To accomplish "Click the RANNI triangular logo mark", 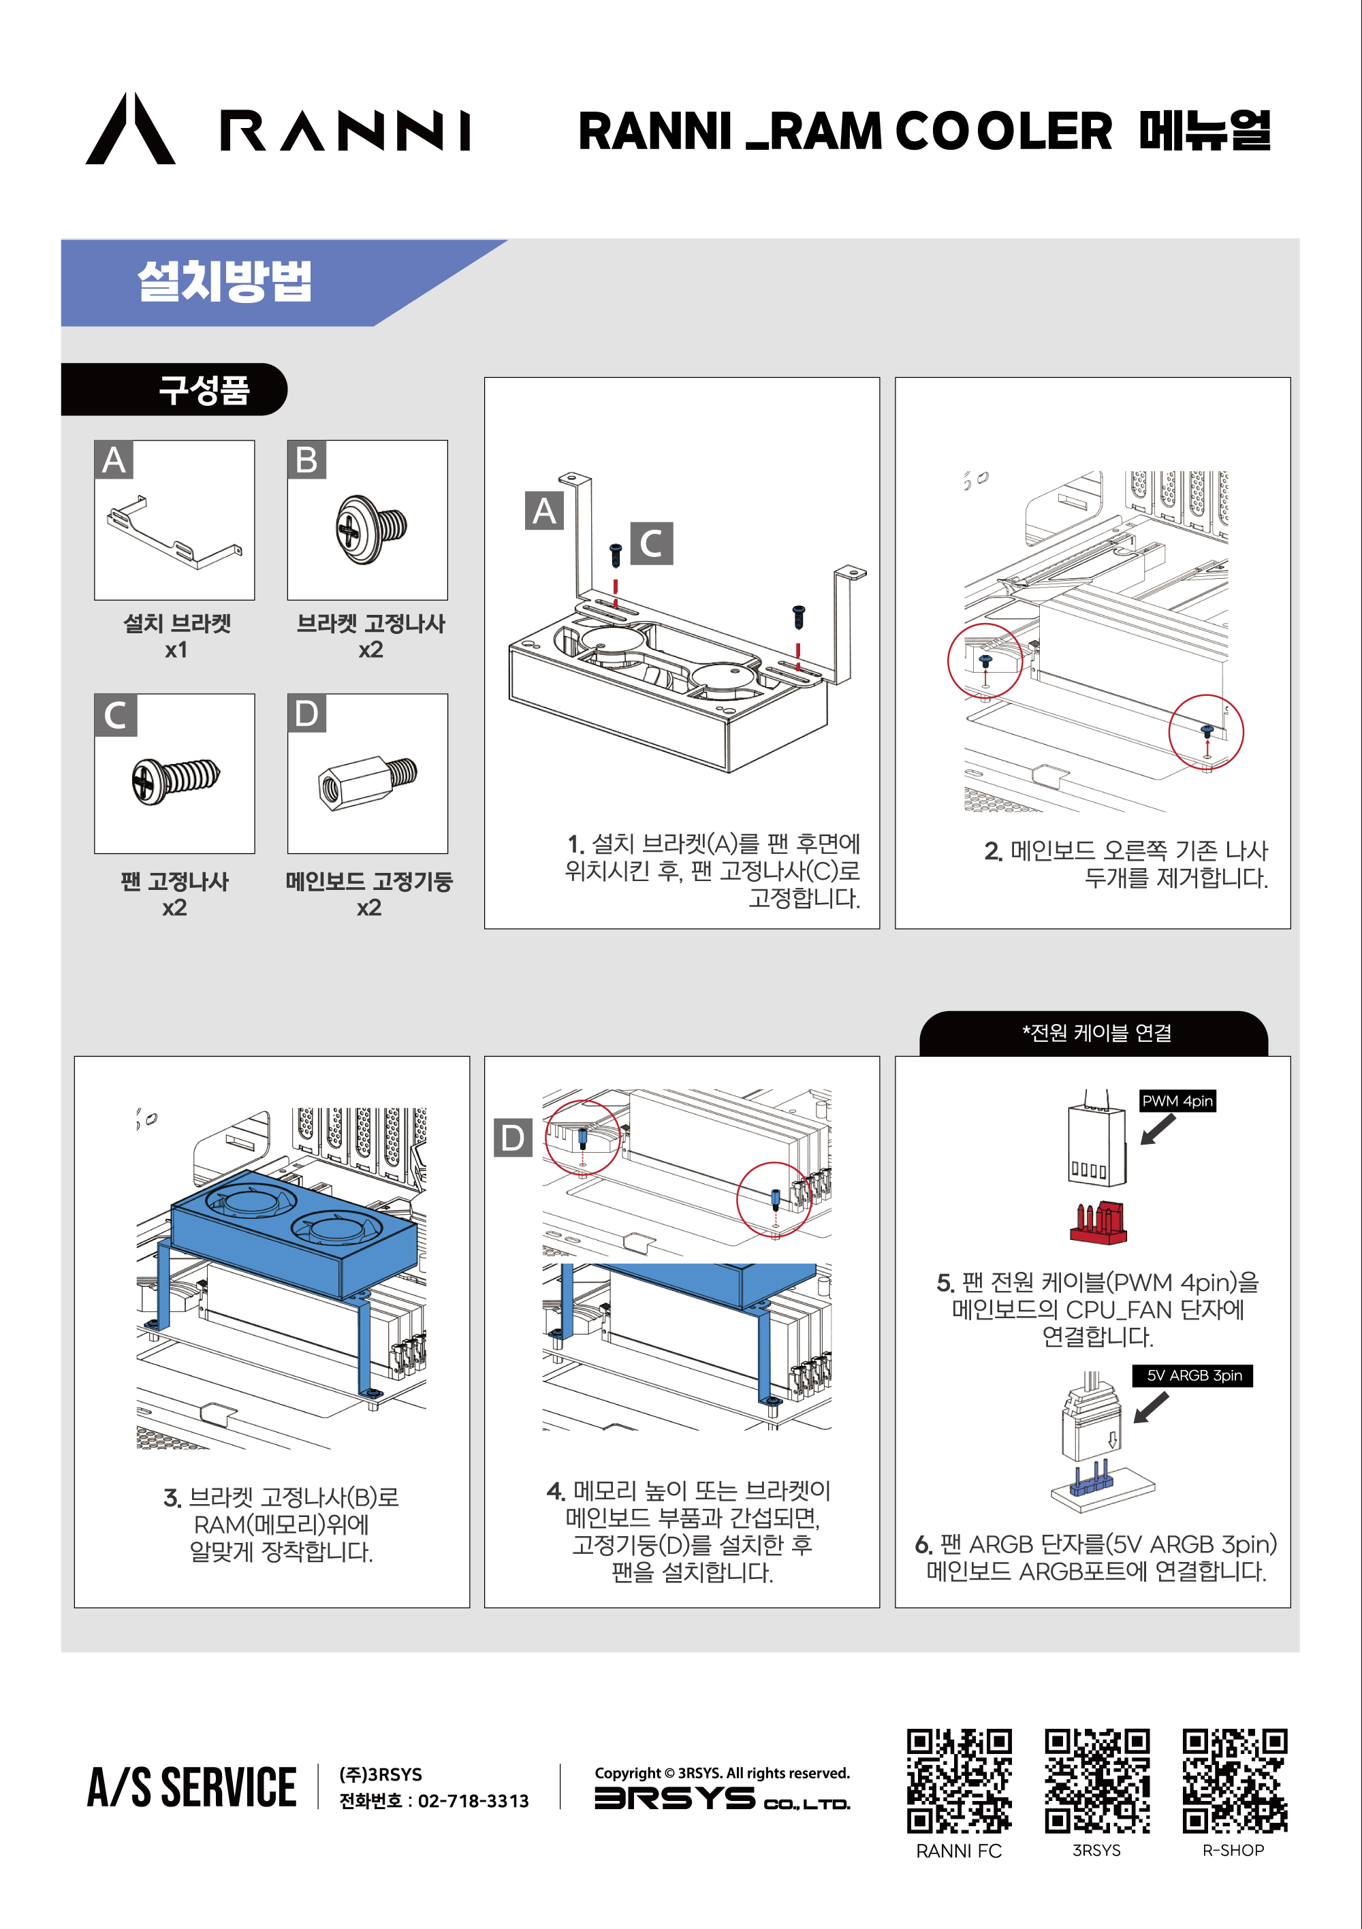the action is [130, 130].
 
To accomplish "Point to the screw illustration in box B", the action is [370, 529].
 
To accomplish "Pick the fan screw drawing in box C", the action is [175, 779].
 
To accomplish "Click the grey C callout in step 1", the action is [651, 543].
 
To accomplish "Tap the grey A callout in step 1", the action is [545, 511].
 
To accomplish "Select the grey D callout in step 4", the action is [513, 1138].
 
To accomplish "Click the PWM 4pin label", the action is [1177, 1100].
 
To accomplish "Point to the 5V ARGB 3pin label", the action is [1193, 1375].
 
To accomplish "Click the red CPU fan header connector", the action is [1098, 1222].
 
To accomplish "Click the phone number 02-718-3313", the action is [473, 1801].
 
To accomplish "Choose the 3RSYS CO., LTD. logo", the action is [722, 1799].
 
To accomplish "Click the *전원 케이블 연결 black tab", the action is [1094, 1034].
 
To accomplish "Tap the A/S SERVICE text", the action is [191, 1787].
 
